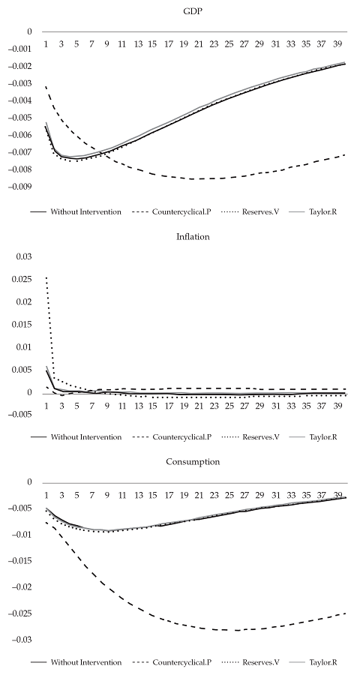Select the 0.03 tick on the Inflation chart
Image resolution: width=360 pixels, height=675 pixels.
pyautogui.click(x=24, y=256)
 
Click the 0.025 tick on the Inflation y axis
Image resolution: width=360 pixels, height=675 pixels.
pyautogui.click(x=22, y=279)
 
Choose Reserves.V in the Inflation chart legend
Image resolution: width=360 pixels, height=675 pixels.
pyautogui.click(x=263, y=436)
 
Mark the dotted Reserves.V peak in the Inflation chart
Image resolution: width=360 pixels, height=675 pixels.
pyautogui.click(x=46, y=277)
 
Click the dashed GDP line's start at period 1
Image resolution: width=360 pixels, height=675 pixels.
pyautogui.click(x=46, y=87)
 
